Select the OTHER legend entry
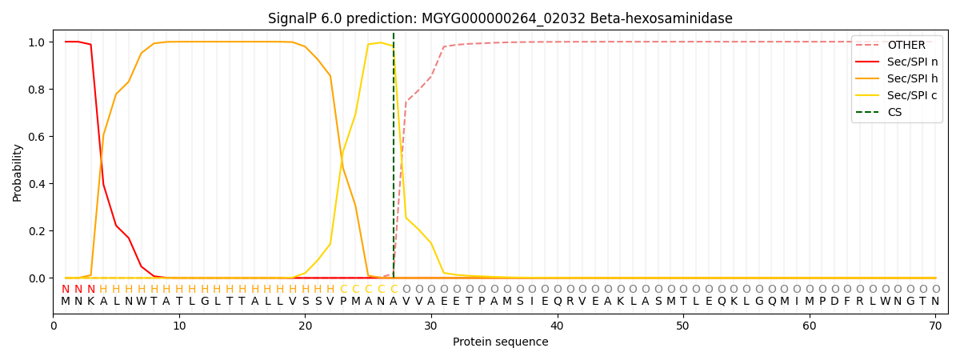[x=897, y=45]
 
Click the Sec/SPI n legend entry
[x=897, y=62]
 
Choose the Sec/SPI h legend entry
[x=897, y=78]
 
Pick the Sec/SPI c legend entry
[x=897, y=95]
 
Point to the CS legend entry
[x=884, y=112]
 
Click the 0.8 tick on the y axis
[x=36, y=90]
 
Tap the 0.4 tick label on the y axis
[x=36, y=184]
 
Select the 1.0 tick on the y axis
[x=36, y=42]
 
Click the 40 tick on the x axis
[x=557, y=326]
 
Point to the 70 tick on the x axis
[x=935, y=326]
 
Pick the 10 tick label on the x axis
[x=179, y=326]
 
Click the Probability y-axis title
[x=17, y=173]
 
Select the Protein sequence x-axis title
[x=501, y=342]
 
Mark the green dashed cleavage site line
[x=394, y=155]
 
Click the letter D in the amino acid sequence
[x=834, y=302]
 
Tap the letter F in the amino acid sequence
[x=847, y=302]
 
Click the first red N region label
[x=66, y=290]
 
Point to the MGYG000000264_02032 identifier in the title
[x=503, y=19]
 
